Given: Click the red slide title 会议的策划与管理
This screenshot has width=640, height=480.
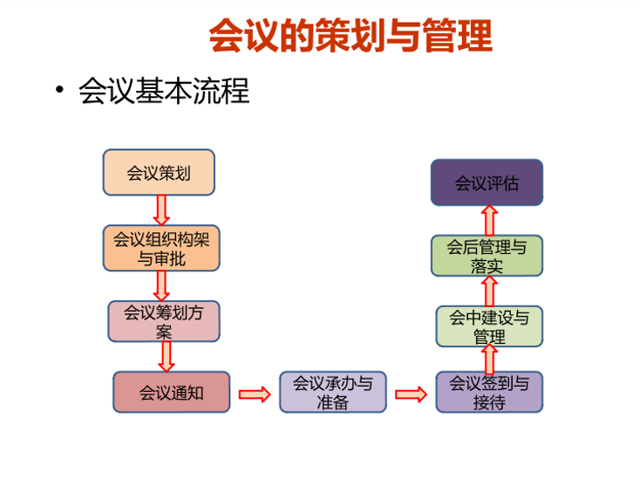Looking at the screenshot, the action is tap(351, 35).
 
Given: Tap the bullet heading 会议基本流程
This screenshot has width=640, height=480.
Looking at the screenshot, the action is tap(164, 91).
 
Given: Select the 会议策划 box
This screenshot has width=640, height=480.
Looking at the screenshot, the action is tap(159, 172).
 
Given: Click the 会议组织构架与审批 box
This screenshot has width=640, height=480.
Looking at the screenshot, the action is tap(161, 248).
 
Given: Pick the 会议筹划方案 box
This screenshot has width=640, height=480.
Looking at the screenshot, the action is tap(164, 321).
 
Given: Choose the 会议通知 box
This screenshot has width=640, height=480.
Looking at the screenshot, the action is tap(172, 392).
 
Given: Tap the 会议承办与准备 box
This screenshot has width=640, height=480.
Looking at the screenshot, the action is tap(333, 392).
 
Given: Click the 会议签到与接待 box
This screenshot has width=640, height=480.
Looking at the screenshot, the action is tap(489, 392).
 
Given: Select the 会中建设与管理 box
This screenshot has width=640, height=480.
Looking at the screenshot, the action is tap(489, 326).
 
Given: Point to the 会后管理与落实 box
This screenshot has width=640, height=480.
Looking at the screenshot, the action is tap(487, 256).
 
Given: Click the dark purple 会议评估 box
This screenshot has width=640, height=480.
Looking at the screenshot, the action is tap(487, 182).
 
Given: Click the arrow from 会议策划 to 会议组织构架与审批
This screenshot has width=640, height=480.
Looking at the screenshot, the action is tap(161, 210).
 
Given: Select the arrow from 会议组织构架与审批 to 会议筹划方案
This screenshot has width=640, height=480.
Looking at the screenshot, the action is tap(161, 286).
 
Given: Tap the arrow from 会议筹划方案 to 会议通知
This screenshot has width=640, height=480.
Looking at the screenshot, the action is tap(167, 357).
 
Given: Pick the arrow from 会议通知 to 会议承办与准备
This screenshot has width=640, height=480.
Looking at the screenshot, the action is tap(255, 394).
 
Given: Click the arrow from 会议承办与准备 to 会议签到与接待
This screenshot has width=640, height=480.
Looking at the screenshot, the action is tap(411, 394).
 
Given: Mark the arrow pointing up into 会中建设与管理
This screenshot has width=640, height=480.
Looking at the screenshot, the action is tap(489, 360).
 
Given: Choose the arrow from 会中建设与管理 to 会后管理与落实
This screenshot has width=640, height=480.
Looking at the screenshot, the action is tap(489, 291).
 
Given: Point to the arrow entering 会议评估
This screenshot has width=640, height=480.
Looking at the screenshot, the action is tap(489, 220).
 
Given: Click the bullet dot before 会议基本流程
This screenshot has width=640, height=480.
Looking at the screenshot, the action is tap(60, 89).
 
